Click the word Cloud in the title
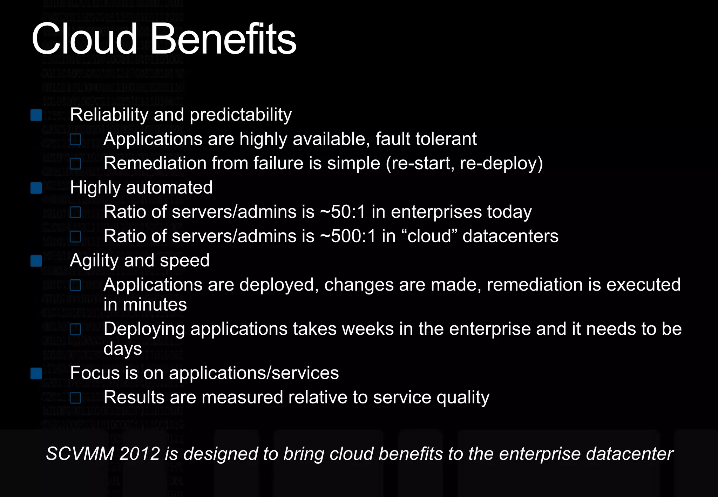[84, 39]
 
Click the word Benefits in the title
[223, 39]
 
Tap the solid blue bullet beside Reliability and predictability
[36, 115]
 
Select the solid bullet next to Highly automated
[36, 188]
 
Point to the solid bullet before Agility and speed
[36, 261]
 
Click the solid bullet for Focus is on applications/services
[36, 373]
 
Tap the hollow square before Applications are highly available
[75, 139]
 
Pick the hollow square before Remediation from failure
[75, 164]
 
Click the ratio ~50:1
[343, 212]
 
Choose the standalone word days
[123, 349]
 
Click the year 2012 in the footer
[140, 454]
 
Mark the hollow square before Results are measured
[75, 398]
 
